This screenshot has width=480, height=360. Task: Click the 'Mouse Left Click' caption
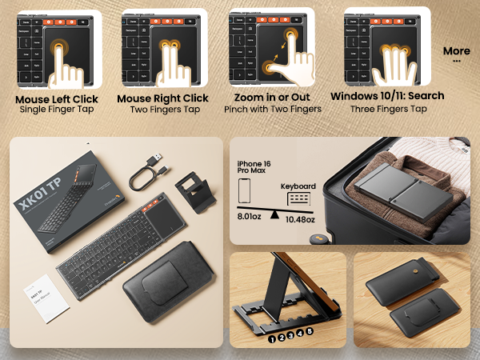[x=57, y=98]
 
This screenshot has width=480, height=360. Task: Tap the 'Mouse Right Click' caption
[x=162, y=98]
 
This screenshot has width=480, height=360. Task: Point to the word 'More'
[x=456, y=51]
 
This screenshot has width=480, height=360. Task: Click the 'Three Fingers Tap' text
[x=388, y=110]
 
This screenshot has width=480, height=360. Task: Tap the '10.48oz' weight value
[x=299, y=219]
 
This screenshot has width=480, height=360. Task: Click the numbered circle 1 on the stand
[x=273, y=338]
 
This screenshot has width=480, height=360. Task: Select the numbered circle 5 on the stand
[x=310, y=330]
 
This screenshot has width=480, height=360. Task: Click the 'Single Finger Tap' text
[x=57, y=110]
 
